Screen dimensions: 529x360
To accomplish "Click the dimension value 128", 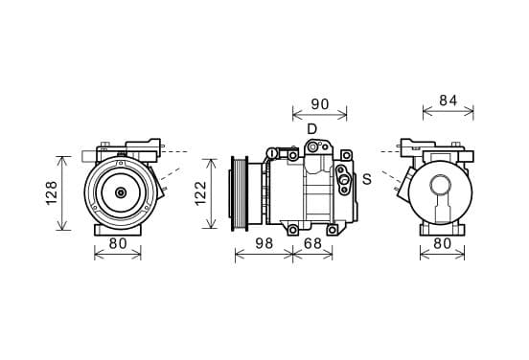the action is tap(52, 193).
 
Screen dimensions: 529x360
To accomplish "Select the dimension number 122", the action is tap(200, 193).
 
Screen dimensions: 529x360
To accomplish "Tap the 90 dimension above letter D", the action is tap(319, 104).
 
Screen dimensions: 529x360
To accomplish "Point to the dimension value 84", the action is tap(448, 101).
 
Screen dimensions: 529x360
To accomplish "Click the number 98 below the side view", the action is tap(264, 243).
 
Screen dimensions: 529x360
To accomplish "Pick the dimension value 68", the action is tap(312, 243).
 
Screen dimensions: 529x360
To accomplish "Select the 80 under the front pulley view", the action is tap(118, 243).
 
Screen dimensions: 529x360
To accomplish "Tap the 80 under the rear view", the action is tap(442, 243).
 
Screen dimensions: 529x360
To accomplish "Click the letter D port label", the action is tap(312, 128).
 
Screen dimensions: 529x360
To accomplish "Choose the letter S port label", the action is tap(367, 179).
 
